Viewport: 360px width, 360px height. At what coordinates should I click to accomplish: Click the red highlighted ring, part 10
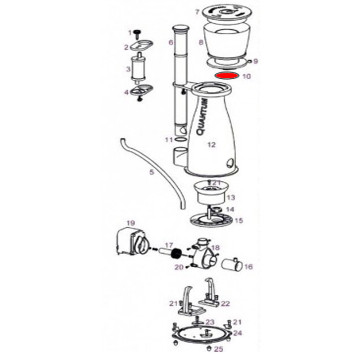(x=226, y=75)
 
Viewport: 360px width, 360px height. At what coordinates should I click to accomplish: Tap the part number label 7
(x=197, y=12)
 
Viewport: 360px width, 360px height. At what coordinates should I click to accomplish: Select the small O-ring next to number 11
(x=180, y=140)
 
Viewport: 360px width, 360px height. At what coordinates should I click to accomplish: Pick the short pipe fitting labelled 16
(x=233, y=265)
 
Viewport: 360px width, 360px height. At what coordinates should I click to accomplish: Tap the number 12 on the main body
(x=211, y=144)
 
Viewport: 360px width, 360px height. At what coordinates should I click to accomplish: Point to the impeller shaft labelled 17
(x=167, y=252)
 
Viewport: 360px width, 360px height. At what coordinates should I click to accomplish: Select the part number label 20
(x=179, y=268)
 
